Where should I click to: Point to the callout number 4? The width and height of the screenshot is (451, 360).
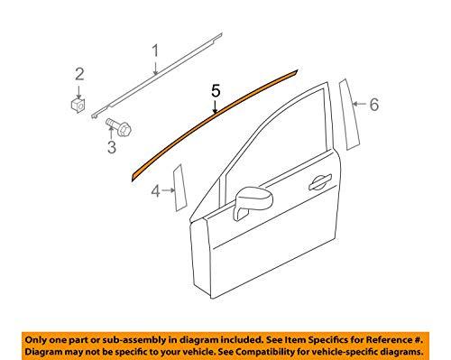(155, 190)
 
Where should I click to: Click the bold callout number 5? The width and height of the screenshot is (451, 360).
(215, 91)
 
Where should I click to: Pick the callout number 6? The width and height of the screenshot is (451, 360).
(373, 105)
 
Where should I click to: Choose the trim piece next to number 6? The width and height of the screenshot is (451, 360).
(347, 110)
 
